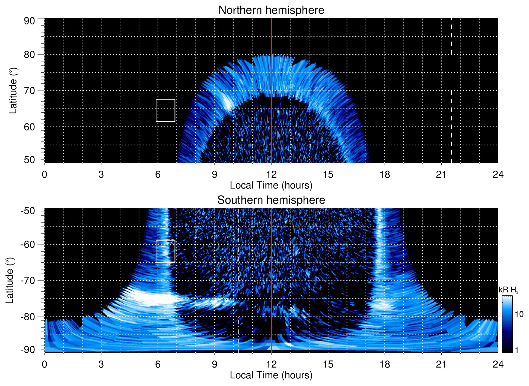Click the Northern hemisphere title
coord(271,10)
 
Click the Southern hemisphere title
coord(271,200)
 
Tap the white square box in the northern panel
coord(165,111)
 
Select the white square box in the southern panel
coord(165,251)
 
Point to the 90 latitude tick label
coord(29,21)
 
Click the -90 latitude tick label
coord(28,350)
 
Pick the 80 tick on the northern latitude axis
coord(29,55)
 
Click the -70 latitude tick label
coord(28,280)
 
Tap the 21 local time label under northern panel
coord(441,174)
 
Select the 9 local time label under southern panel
coord(215,364)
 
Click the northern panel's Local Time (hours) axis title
coord(271,185)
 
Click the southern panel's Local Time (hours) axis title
coord(271,375)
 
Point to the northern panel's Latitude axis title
coord(13,91)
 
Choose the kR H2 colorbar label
coord(508,290)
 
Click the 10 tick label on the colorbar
coord(519,314)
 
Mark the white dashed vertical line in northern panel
coord(451,122)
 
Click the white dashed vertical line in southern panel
coord(239,312)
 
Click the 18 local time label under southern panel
coord(385,364)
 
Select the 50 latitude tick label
coord(29,160)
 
